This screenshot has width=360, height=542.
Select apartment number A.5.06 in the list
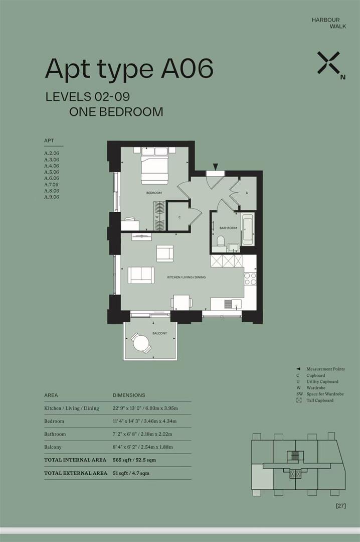click(52, 172)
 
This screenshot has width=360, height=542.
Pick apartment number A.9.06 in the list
click(52, 197)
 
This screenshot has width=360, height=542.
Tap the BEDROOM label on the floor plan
click(154, 193)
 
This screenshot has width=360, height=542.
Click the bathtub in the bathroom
click(248, 229)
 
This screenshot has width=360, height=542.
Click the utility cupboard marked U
click(247, 193)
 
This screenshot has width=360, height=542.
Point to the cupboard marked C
click(179, 217)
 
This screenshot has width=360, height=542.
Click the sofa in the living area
click(141, 275)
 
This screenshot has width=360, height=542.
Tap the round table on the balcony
click(141, 343)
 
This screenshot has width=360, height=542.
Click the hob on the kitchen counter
click(250, 279)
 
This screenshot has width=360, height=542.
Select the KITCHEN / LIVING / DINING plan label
click(186, 278)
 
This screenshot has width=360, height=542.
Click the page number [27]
click(341, 505)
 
